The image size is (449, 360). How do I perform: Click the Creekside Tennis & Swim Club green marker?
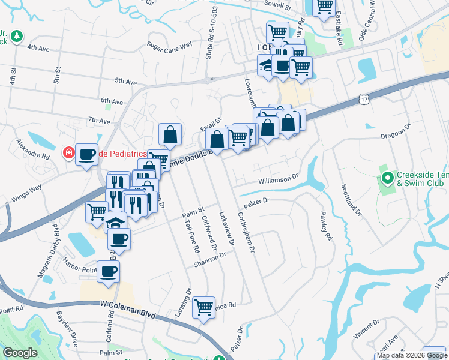[x=388, y=179]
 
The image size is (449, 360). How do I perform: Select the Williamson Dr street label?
[x=279, y=178]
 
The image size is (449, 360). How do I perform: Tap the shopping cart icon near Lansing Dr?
[x=203, y=307]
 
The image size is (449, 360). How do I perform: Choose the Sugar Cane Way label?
[x=169, y=44]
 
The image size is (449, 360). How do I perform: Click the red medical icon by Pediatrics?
[x=69, y=154]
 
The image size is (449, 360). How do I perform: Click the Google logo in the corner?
[x=20, y=353]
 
